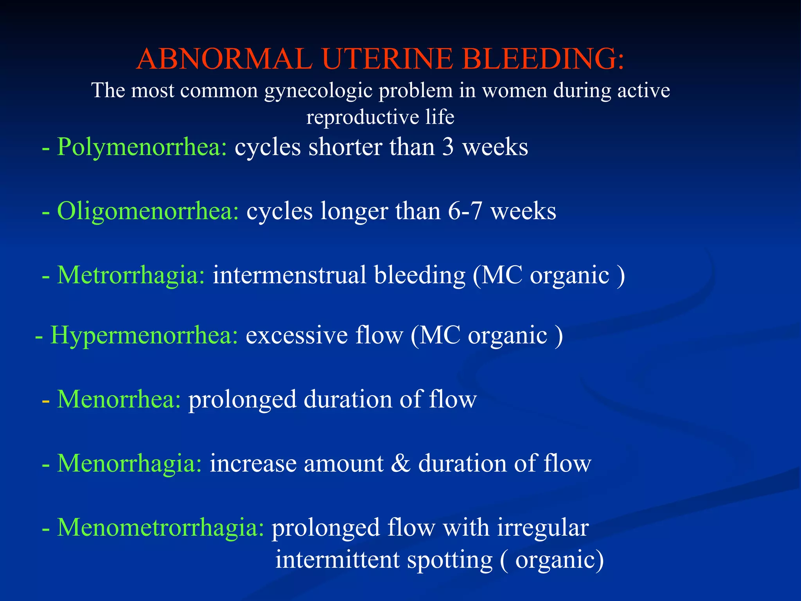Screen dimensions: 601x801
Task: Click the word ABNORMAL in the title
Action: click(224, 59)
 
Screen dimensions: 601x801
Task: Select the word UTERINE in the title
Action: click(387, 59)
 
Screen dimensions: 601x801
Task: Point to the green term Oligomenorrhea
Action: click(147, 212)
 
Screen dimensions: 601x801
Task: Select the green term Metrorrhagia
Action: click(131, 275)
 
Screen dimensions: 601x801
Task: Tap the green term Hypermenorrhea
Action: click(144, 336)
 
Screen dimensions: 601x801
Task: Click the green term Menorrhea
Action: click(119, 400)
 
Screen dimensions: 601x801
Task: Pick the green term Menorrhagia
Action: click(129, 464)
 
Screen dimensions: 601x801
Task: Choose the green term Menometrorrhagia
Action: click(160, 528)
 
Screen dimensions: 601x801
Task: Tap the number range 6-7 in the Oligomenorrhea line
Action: click(465, 212)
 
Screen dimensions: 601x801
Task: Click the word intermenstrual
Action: click(289, 275)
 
